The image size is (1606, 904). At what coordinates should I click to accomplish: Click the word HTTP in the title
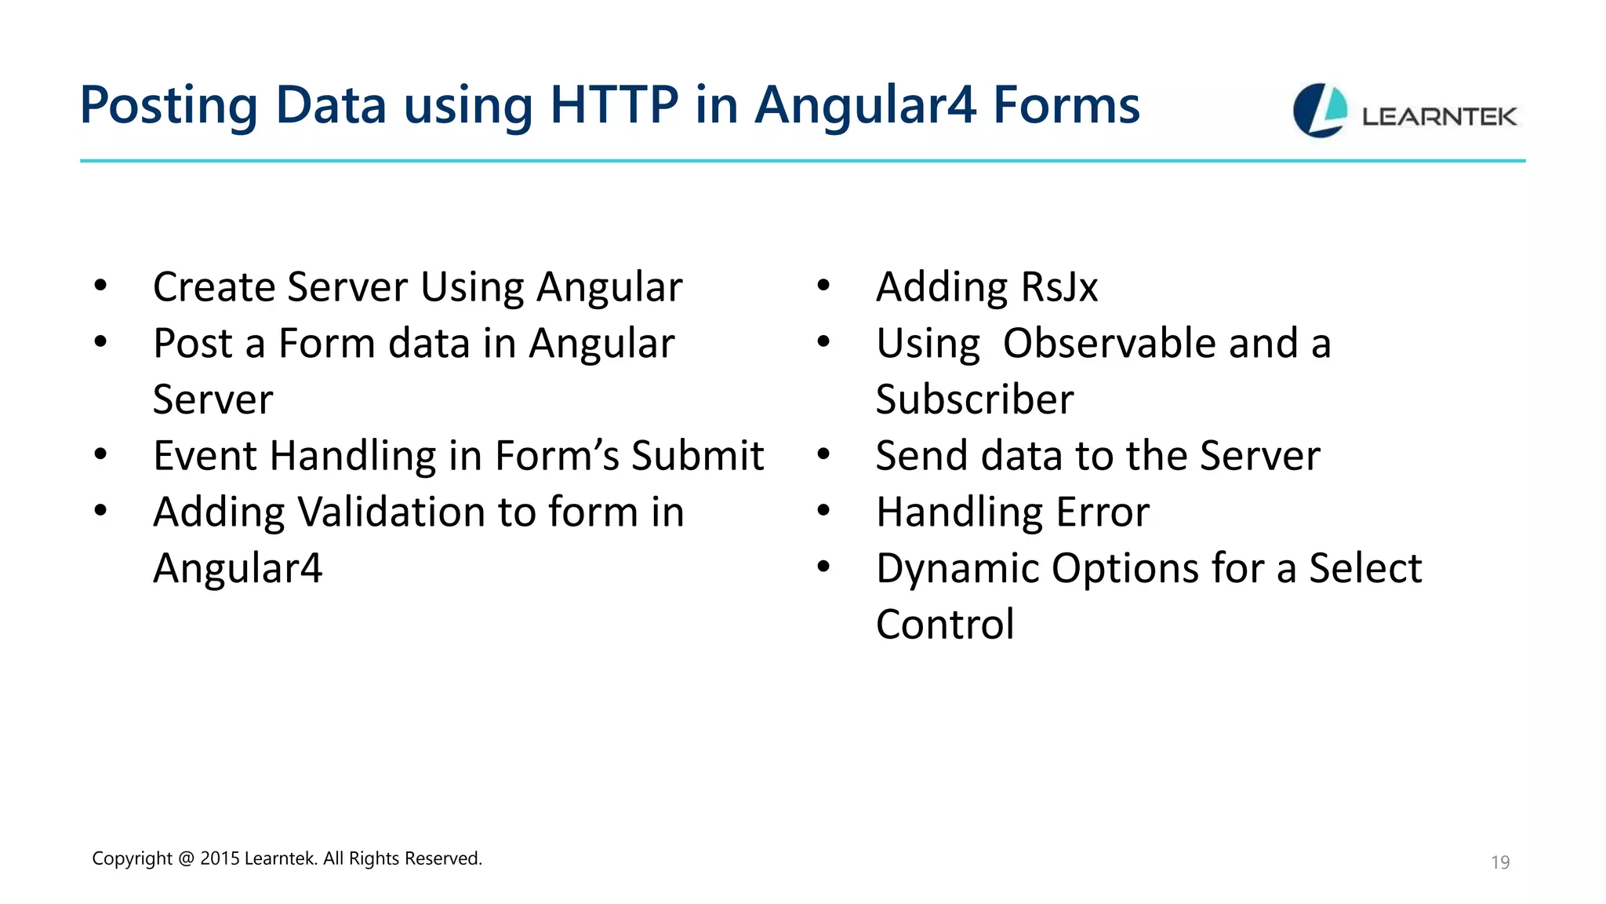tap(614, 105)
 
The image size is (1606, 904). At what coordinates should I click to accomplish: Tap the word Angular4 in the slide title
tap(865, 105)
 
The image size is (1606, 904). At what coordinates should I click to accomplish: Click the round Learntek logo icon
tap(1320, 111)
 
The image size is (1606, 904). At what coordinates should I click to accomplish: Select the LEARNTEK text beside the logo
tap(1439, 117)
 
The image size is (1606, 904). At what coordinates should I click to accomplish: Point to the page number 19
tap(1499, 862)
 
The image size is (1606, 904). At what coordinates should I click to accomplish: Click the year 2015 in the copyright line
tap(220, 858)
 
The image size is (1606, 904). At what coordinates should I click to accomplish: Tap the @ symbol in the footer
tap(186, 858)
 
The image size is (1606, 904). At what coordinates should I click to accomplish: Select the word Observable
tap(1110, 343)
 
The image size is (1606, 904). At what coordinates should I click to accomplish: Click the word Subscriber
tap(975, 399)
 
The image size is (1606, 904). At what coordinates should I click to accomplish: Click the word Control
tap(945, 625)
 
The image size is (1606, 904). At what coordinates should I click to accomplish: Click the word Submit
tap(697, 455)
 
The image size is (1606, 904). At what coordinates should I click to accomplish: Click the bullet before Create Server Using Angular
tap(100, 286)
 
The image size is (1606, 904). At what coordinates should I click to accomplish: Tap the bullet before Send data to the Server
tap(823, 454)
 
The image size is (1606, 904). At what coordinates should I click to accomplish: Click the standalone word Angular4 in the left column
tap(238, 568)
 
